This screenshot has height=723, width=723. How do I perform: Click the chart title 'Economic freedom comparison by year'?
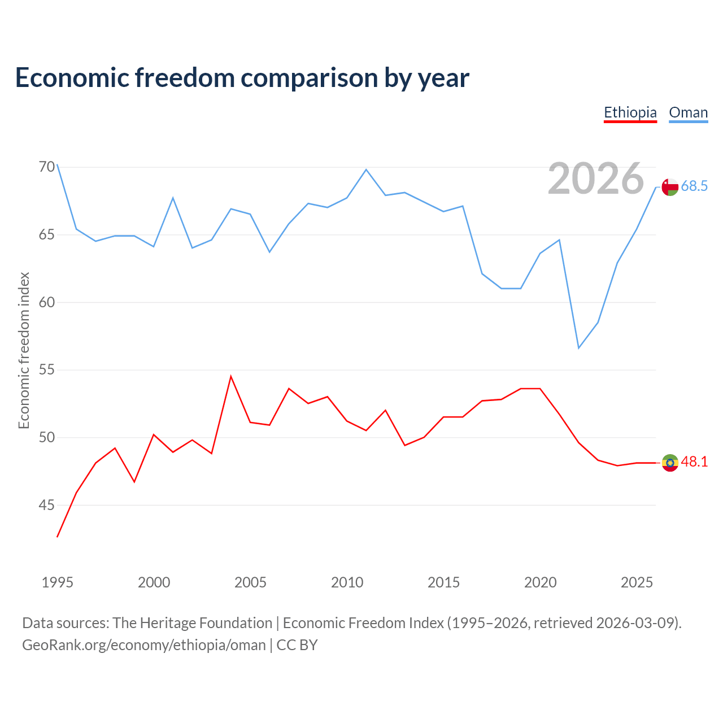click(x=242, y=78)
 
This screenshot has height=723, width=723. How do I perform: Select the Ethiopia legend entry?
click(x=630, y=112)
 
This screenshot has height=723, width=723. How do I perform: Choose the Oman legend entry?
click(x=688, y=112)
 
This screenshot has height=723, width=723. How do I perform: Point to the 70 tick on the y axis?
click(x=47, y=167)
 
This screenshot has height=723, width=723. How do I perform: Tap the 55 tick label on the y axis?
click(x=47, y=369)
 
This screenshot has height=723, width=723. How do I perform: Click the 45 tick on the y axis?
click(x=47, y=505)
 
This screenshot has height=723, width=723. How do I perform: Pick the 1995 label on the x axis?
click(x=58, y=582)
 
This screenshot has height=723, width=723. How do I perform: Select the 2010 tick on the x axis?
click(x=347, y=582)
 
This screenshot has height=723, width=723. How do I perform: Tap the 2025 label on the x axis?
click(x=637, y=582)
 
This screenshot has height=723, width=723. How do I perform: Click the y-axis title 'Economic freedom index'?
click(x=24, y=350)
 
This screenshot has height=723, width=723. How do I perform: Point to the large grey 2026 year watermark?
click(x=596, y=178)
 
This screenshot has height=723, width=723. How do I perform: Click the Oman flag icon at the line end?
click(x=670, y=187)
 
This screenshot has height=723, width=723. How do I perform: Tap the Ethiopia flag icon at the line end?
click(x=670, y=463)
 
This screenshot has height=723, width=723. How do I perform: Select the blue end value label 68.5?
click(x=694, y=186)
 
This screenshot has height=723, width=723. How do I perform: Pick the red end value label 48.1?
click(x=694, y=461)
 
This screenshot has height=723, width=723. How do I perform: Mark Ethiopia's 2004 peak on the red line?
click(x=231, y=376)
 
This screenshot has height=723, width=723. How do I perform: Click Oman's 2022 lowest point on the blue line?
click(x=578, y=348)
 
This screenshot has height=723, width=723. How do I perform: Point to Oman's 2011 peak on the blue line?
click(x=366, y=169)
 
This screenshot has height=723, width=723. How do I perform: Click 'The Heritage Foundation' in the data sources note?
click(x=192, y=623)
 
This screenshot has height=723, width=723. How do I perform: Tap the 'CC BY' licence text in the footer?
click(x=297, y=646)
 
